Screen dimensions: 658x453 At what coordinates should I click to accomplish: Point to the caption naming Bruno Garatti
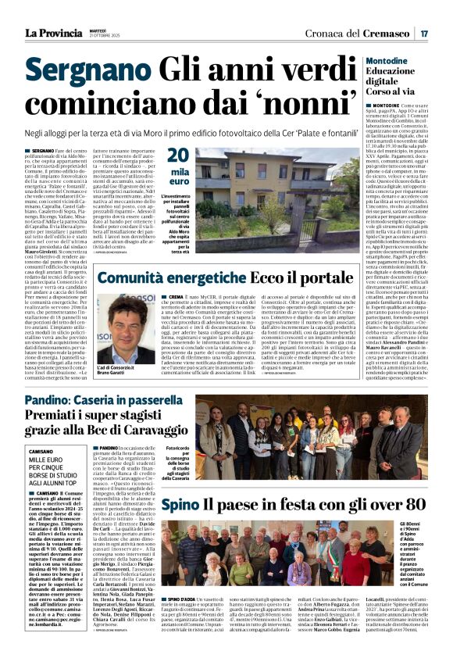pos(124,370)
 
